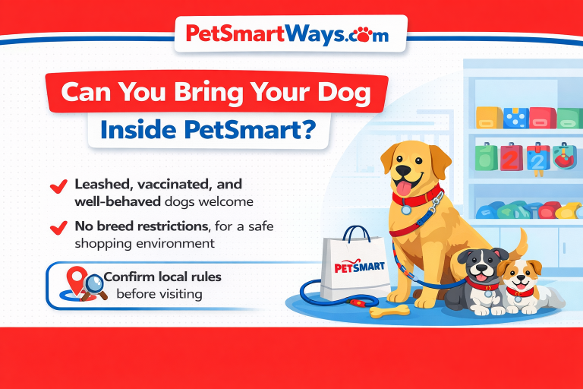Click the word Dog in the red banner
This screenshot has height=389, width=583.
(x=342, y=93)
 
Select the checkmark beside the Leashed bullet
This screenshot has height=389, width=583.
(x=56, y=186)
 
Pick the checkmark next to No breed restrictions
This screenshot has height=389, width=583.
(x=56, y=227)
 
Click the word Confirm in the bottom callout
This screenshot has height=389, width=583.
(x=131, y=277)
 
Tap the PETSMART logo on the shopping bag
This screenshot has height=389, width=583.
(x=359, y=267)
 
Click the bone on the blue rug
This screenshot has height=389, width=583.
(x=389, y=310)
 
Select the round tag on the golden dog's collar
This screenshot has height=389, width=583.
(x=407, y=209)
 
